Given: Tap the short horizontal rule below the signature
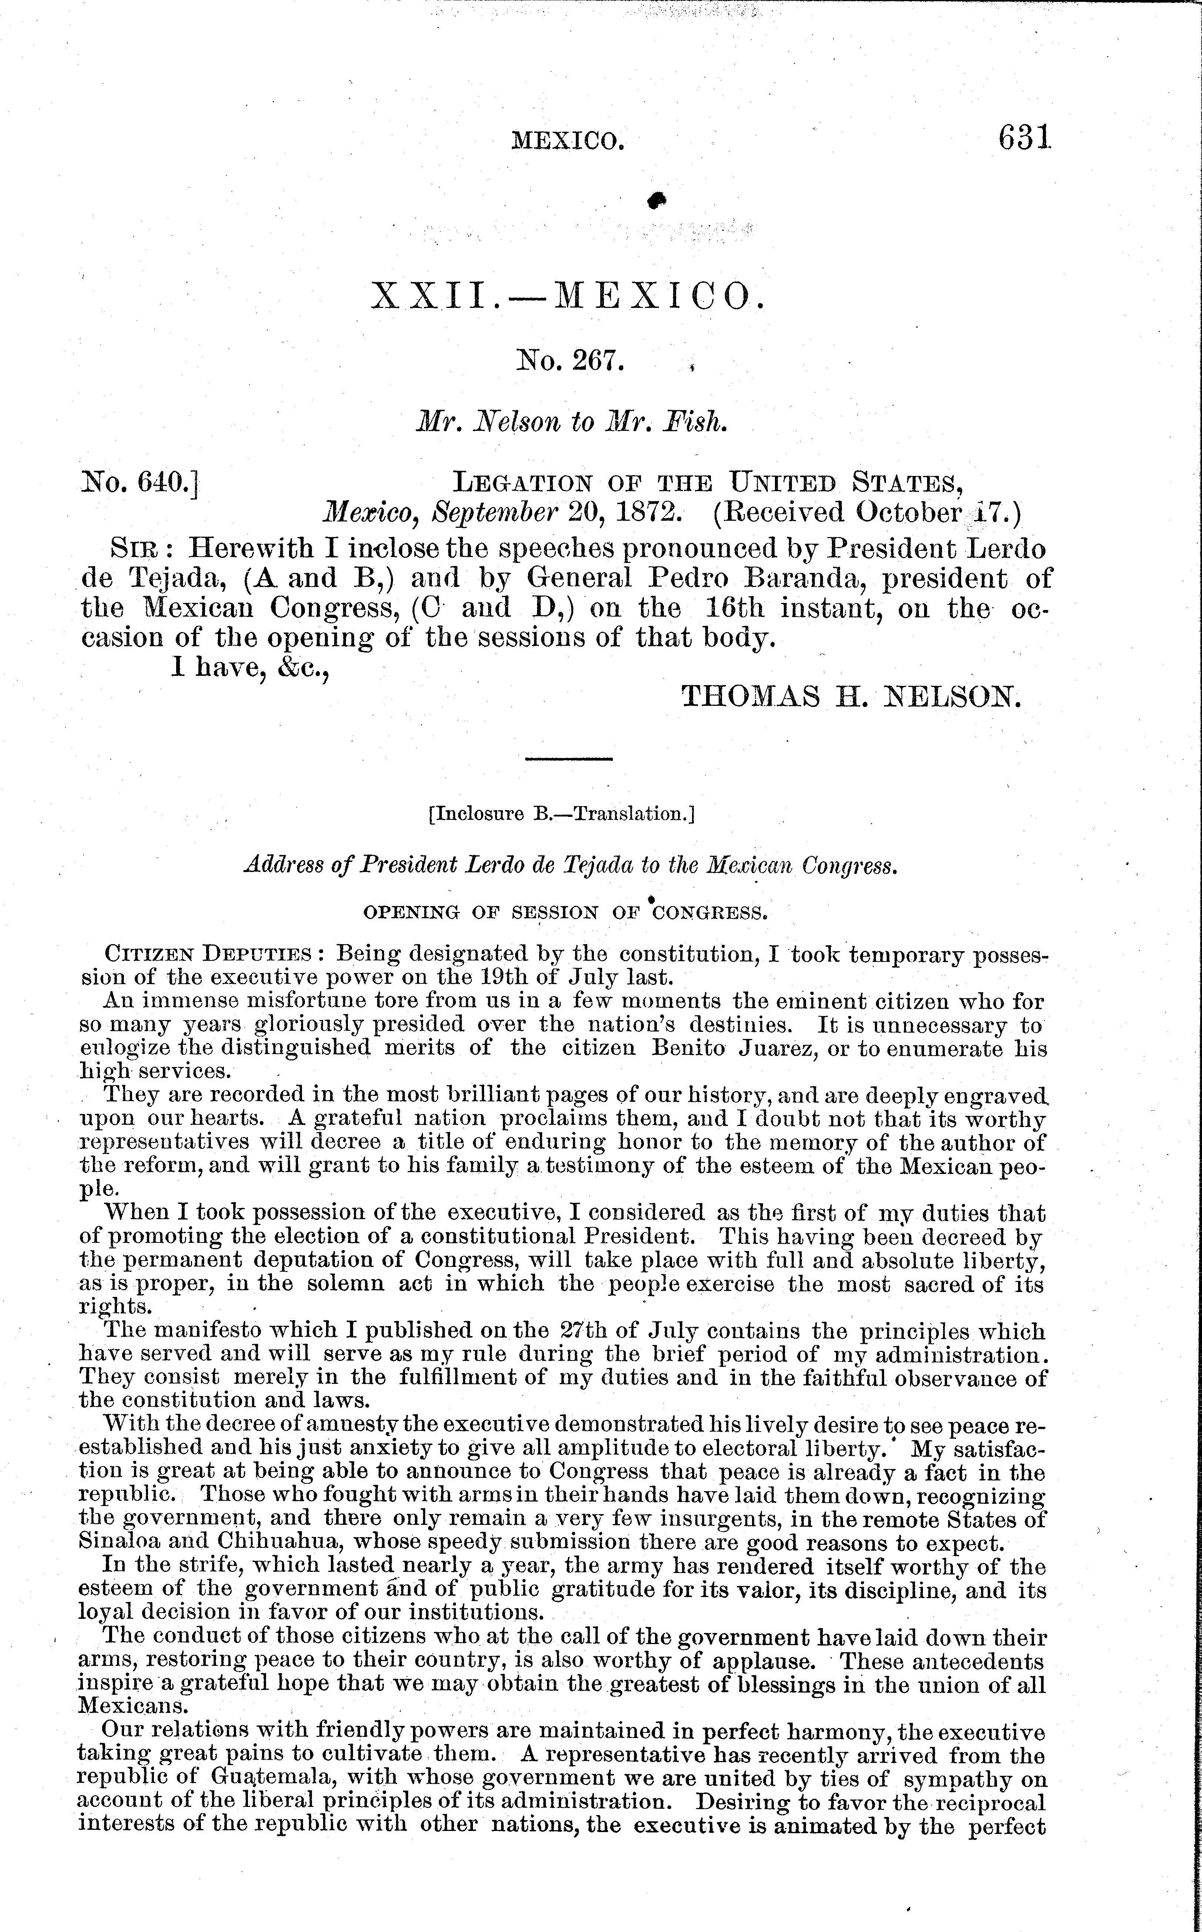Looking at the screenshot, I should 568,759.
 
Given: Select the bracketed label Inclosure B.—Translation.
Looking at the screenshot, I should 561,814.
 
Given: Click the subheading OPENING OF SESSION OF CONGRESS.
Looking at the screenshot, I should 565,913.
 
